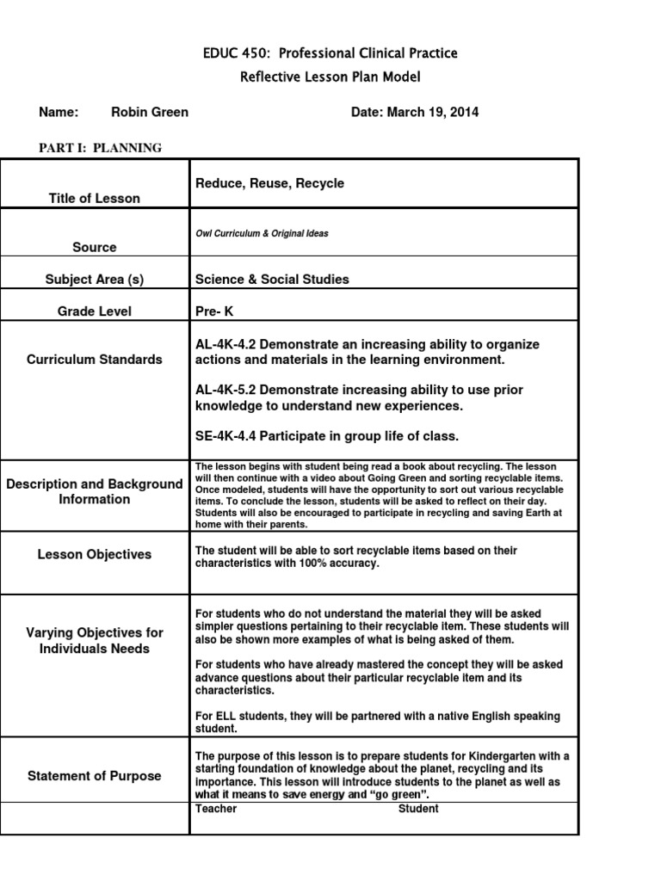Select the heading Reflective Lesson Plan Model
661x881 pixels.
point(330,77)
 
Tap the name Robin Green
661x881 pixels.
point(150,112)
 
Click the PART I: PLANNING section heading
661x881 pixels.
point(100,148)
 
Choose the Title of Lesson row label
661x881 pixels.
point(95,198)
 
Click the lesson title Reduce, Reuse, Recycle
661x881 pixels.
point(269,183)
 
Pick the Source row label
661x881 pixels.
point(95,247)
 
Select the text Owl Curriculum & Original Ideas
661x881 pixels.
point(262,233)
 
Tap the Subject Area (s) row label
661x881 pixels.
point(95,279)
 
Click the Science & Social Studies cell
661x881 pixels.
point(272,279)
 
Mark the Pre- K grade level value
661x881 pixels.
point(214,311)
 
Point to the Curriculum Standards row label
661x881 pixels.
point(95,359)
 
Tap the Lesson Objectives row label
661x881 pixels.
point(95,555)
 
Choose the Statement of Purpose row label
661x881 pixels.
point(95,776)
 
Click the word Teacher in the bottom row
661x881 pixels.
point(216,809)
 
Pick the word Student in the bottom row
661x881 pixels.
point(418,809)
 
